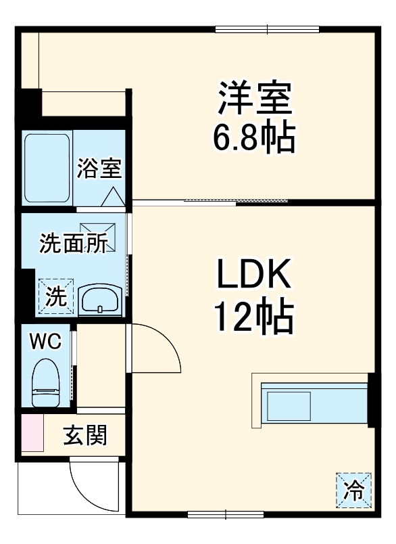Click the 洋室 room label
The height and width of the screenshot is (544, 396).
[255, 98]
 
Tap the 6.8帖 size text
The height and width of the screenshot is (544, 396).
[254, 138]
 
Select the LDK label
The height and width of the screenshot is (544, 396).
[253, 274]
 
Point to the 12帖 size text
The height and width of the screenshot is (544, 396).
[254, 316]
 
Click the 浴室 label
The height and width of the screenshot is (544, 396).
[99, 168]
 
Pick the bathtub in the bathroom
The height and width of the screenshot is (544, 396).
[47, 168]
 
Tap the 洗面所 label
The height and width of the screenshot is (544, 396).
[73, 242]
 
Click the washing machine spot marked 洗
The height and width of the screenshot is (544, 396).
[56, 296]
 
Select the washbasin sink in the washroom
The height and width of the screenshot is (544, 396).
[101, 300]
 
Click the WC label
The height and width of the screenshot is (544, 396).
[45, 342]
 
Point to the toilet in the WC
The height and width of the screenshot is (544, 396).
[46, 382]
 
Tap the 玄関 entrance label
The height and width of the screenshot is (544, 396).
[85, 435]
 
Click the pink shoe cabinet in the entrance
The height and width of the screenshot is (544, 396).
[32, 433]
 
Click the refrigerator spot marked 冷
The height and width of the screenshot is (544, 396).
[353, 490]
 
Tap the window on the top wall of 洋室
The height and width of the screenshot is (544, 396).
[267, 30]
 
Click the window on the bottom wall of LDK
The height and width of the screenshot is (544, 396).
[226, 514]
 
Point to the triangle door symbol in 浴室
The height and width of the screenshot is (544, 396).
[114, 197]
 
